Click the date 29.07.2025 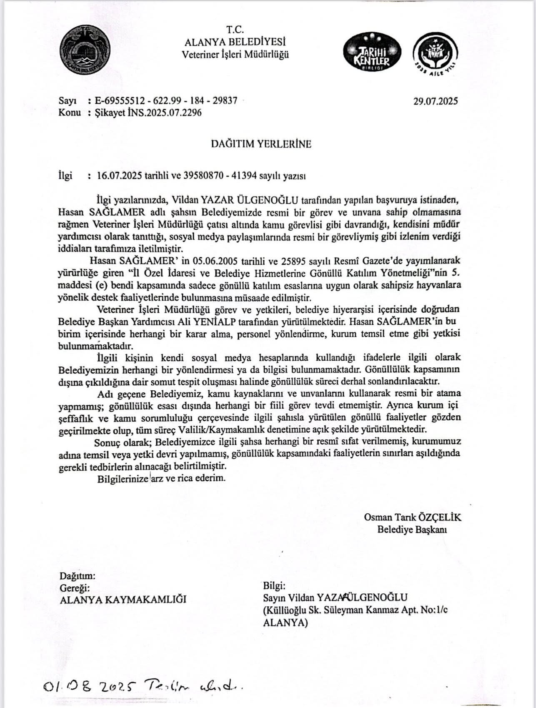(436, 101)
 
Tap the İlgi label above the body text (65, 176)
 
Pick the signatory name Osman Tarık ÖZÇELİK (412, 517)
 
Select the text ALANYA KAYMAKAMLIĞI (123, 600)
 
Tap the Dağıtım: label (78, 576)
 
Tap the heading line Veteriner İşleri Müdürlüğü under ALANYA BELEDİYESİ (235, 55)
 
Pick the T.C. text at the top (235, 30)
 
